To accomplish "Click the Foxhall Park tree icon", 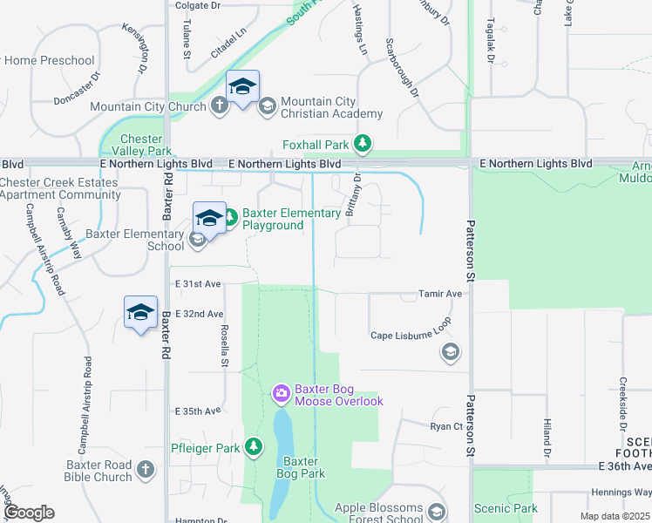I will (367, 144).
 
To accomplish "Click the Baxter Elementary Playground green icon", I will (230, 216).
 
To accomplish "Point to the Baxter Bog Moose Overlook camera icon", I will (281, 394).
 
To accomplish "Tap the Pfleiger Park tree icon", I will (254, 447).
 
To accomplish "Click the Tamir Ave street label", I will (440, 295).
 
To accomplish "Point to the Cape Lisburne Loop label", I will (411, 335).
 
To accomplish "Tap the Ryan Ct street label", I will (445, 426).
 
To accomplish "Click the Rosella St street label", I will (224, 343).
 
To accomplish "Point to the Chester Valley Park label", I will (141, 145).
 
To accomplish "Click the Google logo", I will (28, 513).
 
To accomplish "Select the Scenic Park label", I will (506, 508).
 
